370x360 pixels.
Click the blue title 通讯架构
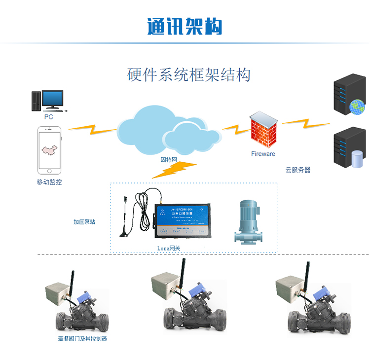point(185,26)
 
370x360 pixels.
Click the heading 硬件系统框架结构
point(189,74)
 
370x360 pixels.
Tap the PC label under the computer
point(48,117)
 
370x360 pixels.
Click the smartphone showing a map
point(49,150)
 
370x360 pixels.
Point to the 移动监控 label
point(49,182)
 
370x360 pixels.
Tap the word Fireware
point(263,154)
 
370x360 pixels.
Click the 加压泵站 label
point(84,221)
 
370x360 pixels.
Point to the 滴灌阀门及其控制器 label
point(82,339)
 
